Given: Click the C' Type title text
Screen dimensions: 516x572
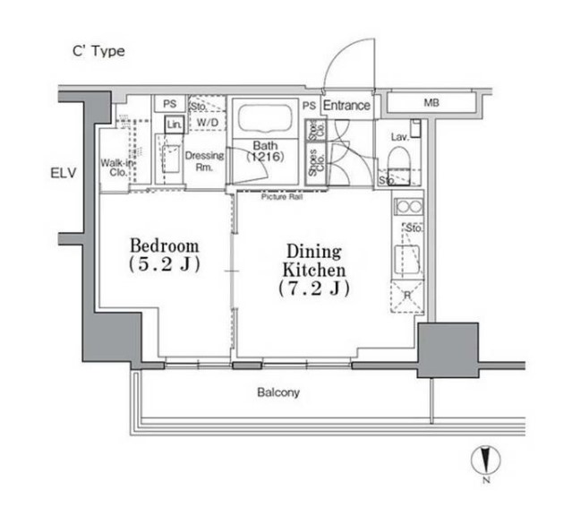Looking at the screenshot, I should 98,51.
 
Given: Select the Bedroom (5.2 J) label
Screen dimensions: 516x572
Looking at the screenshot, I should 164,254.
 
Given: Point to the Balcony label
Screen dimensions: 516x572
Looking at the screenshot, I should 278,392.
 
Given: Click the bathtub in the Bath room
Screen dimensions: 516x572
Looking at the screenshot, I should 263,118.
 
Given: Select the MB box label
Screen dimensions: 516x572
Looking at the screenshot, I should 431,102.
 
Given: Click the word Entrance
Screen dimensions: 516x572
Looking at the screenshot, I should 346,106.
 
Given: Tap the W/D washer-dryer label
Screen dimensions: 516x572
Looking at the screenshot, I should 208,122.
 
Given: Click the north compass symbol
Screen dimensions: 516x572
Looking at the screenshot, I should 483,460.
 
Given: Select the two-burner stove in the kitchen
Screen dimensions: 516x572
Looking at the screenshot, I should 408,207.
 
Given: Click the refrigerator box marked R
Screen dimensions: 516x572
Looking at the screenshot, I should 407,294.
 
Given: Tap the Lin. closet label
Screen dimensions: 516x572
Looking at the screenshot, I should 174,125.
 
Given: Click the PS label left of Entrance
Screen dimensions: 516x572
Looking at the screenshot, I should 309,106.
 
